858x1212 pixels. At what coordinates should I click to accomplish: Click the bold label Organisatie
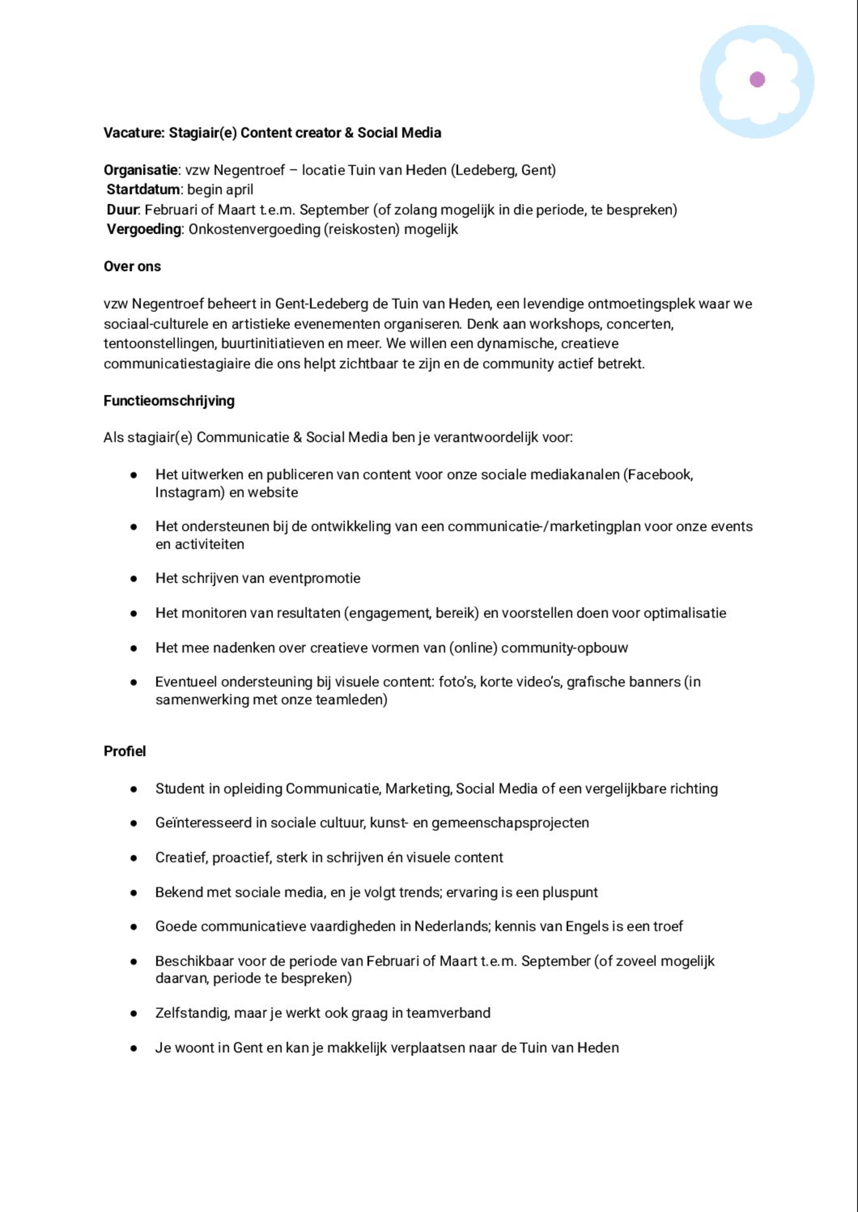tap(140, 170)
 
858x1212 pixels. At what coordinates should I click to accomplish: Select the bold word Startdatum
tap(143, 190)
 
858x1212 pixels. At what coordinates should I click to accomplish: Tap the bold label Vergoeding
tap(144, 229)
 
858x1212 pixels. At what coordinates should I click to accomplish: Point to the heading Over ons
tap(132, 267)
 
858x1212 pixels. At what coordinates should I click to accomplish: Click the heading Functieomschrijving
tap(169, 401)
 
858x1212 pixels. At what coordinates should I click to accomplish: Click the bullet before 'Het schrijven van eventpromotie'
tap(134, 579)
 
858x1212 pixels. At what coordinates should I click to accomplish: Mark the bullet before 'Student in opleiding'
tap(134, 789)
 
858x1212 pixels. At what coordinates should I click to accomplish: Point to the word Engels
tap(586, 927)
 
